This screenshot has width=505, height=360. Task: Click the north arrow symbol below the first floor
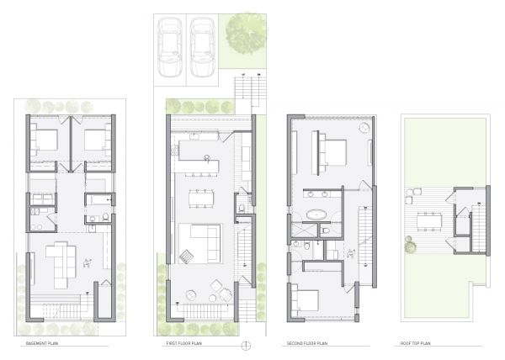click(245, 345)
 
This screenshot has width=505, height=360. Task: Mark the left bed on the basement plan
click(45, 139)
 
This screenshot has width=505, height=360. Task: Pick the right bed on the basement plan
click(96, 139)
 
